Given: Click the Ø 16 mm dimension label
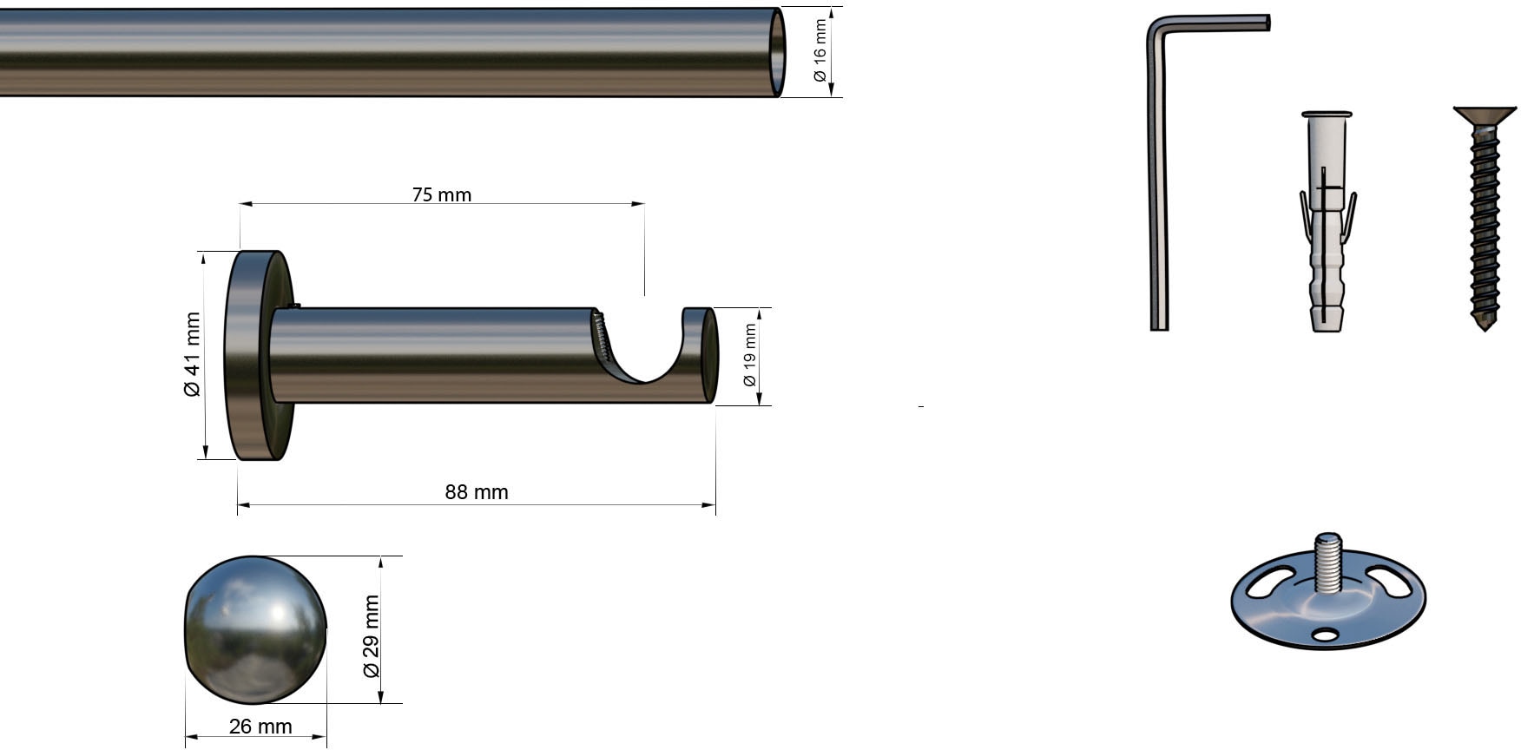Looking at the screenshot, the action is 820,51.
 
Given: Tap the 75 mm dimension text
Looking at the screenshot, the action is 442,194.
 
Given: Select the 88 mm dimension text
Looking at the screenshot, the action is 477,492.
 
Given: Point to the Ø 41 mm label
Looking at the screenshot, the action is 192,354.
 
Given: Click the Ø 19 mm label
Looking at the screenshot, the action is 749,355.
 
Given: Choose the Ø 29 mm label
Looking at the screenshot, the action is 371,636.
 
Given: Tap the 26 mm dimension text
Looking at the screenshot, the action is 260,727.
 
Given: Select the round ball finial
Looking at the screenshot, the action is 256,630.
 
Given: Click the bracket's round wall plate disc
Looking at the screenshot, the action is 259,356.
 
